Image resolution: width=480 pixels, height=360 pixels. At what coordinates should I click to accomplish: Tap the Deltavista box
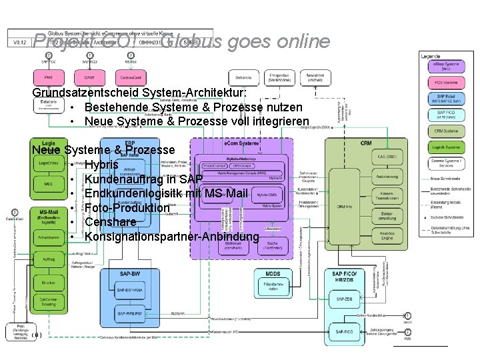(245, 78)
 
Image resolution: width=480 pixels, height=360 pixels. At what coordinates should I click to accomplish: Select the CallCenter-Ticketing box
(48, 301)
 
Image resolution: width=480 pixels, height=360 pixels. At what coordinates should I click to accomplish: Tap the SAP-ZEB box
(345, 301)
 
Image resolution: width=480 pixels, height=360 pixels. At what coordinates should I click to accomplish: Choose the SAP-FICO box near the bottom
(345, 331)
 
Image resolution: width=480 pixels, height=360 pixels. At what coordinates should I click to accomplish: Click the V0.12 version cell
(20, 41)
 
